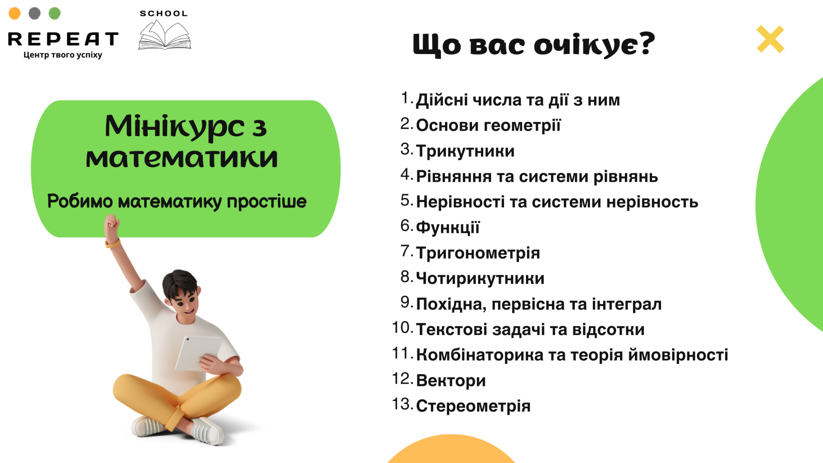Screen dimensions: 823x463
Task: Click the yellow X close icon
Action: click(x=770, y=39)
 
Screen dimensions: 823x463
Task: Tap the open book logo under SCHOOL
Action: click(x=165, y=35)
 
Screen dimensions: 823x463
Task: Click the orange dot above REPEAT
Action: click(x=15, y=13)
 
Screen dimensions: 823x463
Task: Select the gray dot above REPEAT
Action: click(x=35, y=13)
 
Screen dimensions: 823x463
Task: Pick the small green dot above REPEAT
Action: click(x=54, y=13)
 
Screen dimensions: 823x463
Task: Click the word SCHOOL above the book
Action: click(x=164, y=14)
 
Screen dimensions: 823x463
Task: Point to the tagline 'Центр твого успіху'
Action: click(x=63, y=55)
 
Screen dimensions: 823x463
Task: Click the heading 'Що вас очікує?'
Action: click(x=534, y=45)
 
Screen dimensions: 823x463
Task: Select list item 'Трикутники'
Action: click(x=465, y=151)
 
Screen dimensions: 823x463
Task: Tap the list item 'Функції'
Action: click(x=448, y=227)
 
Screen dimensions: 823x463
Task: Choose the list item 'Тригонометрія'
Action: click(x=478, y=253)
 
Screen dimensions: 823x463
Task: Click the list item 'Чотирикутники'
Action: click(x=480, y=278)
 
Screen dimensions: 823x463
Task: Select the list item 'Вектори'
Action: click(x=451, y=380)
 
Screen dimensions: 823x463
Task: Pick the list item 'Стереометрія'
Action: click(x=473, y=406)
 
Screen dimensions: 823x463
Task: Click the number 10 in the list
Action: click(x=402, y=328)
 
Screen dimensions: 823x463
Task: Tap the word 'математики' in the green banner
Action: click(x=182, y=158)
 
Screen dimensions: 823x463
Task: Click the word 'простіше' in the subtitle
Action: click(x=267, y=201)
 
